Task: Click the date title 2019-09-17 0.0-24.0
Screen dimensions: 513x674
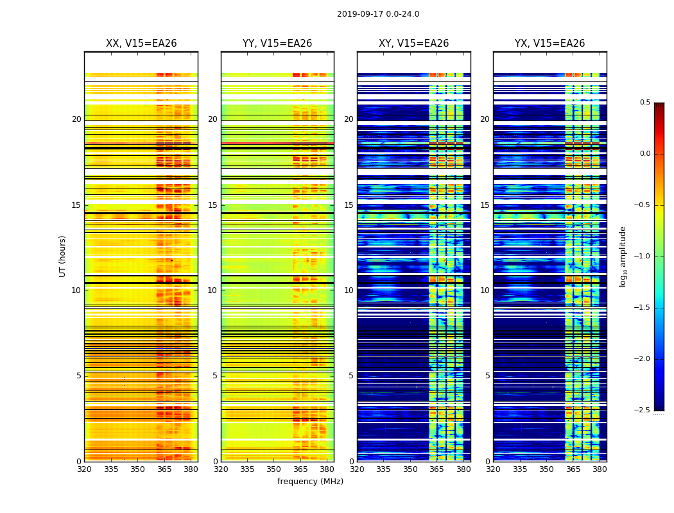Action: tap(378, 14)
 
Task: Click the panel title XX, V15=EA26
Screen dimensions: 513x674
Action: tap(141, 44)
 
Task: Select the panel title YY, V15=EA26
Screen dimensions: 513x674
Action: tap(277, 44)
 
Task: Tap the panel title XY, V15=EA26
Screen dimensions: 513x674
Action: tap(413, 44)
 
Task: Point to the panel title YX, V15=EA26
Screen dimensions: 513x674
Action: tap(549, 44)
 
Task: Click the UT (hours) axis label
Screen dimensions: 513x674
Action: tap(62, 256)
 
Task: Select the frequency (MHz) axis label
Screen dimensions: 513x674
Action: tap(310, 482)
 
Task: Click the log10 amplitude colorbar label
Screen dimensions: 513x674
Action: tap(623, 256)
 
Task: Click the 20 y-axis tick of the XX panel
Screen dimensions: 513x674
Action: tap(76, 119)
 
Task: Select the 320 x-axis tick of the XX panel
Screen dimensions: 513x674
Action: tap(84, 469)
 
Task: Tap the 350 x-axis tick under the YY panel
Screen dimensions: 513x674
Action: tap(274, 469)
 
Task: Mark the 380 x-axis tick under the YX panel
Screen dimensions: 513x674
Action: tap(600, 469)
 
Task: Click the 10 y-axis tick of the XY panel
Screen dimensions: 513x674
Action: tap(349, 290)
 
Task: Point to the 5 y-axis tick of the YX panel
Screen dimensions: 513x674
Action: tap(488, 376)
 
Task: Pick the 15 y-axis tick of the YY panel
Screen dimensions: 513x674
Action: tap(212, 205)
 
